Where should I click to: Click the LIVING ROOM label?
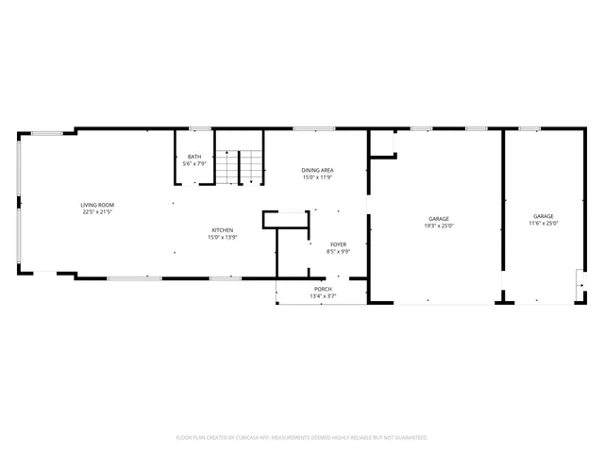click(x=97, y=205)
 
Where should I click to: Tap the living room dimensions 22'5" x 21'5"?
click(x=97, y=212)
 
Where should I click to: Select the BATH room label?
click(x=194, y=157)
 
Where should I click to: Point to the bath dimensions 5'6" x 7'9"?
click(x=194, y=164)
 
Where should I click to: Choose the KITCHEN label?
click(x=222, y=230)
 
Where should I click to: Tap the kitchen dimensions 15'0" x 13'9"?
click(x=222, y=238)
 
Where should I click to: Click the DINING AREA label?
click(x=318, y=170)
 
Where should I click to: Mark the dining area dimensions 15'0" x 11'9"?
click(x=318, y=177)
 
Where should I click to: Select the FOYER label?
click(x=338, y=244)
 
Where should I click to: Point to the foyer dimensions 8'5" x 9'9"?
click(x=338, y=252)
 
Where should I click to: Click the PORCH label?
click(x=323, y=289)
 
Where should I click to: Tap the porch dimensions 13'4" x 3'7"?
click(x=323, y=296)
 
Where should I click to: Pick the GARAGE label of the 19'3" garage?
click(x=439, y=218)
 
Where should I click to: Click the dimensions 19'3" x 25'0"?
click(x=439, y=226)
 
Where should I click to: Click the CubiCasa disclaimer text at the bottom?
click(x=302, y=438)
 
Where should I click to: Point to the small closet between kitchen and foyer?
click(x=286, y=220)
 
